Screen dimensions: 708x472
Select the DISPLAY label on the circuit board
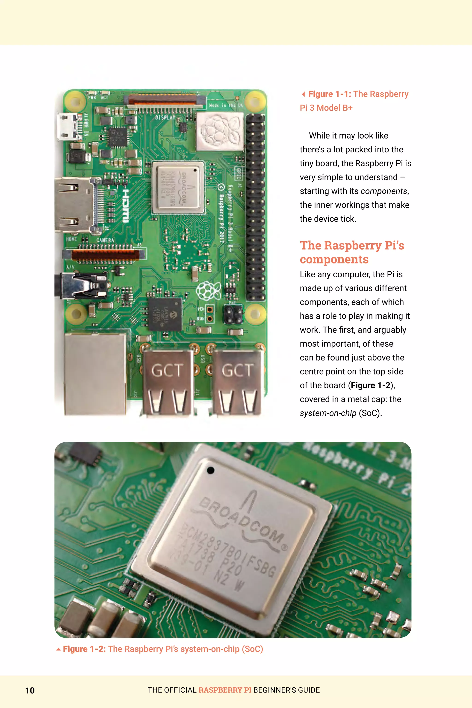(x=165, y=117)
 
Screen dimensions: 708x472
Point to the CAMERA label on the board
(x=105, y=240)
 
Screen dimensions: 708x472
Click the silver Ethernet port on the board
(x=95, y=374)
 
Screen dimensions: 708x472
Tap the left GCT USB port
(x=167, y=382)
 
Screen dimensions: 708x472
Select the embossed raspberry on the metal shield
(x=219, y=131)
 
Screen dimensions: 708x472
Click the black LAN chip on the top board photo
(x=165, y=314)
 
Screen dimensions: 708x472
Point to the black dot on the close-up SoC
(x=210, y=470)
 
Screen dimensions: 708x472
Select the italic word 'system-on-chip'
(x=328, y=413)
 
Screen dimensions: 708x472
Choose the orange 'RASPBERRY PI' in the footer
(x=225, y=690)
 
